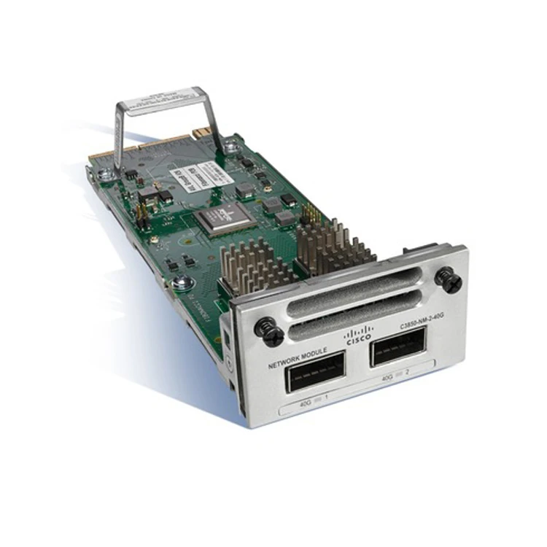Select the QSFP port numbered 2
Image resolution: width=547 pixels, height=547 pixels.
tap(398, 346)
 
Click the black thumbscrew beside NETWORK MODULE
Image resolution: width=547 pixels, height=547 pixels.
tap(269, 332)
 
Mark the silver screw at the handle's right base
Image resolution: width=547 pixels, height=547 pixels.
tap(230, 147)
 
